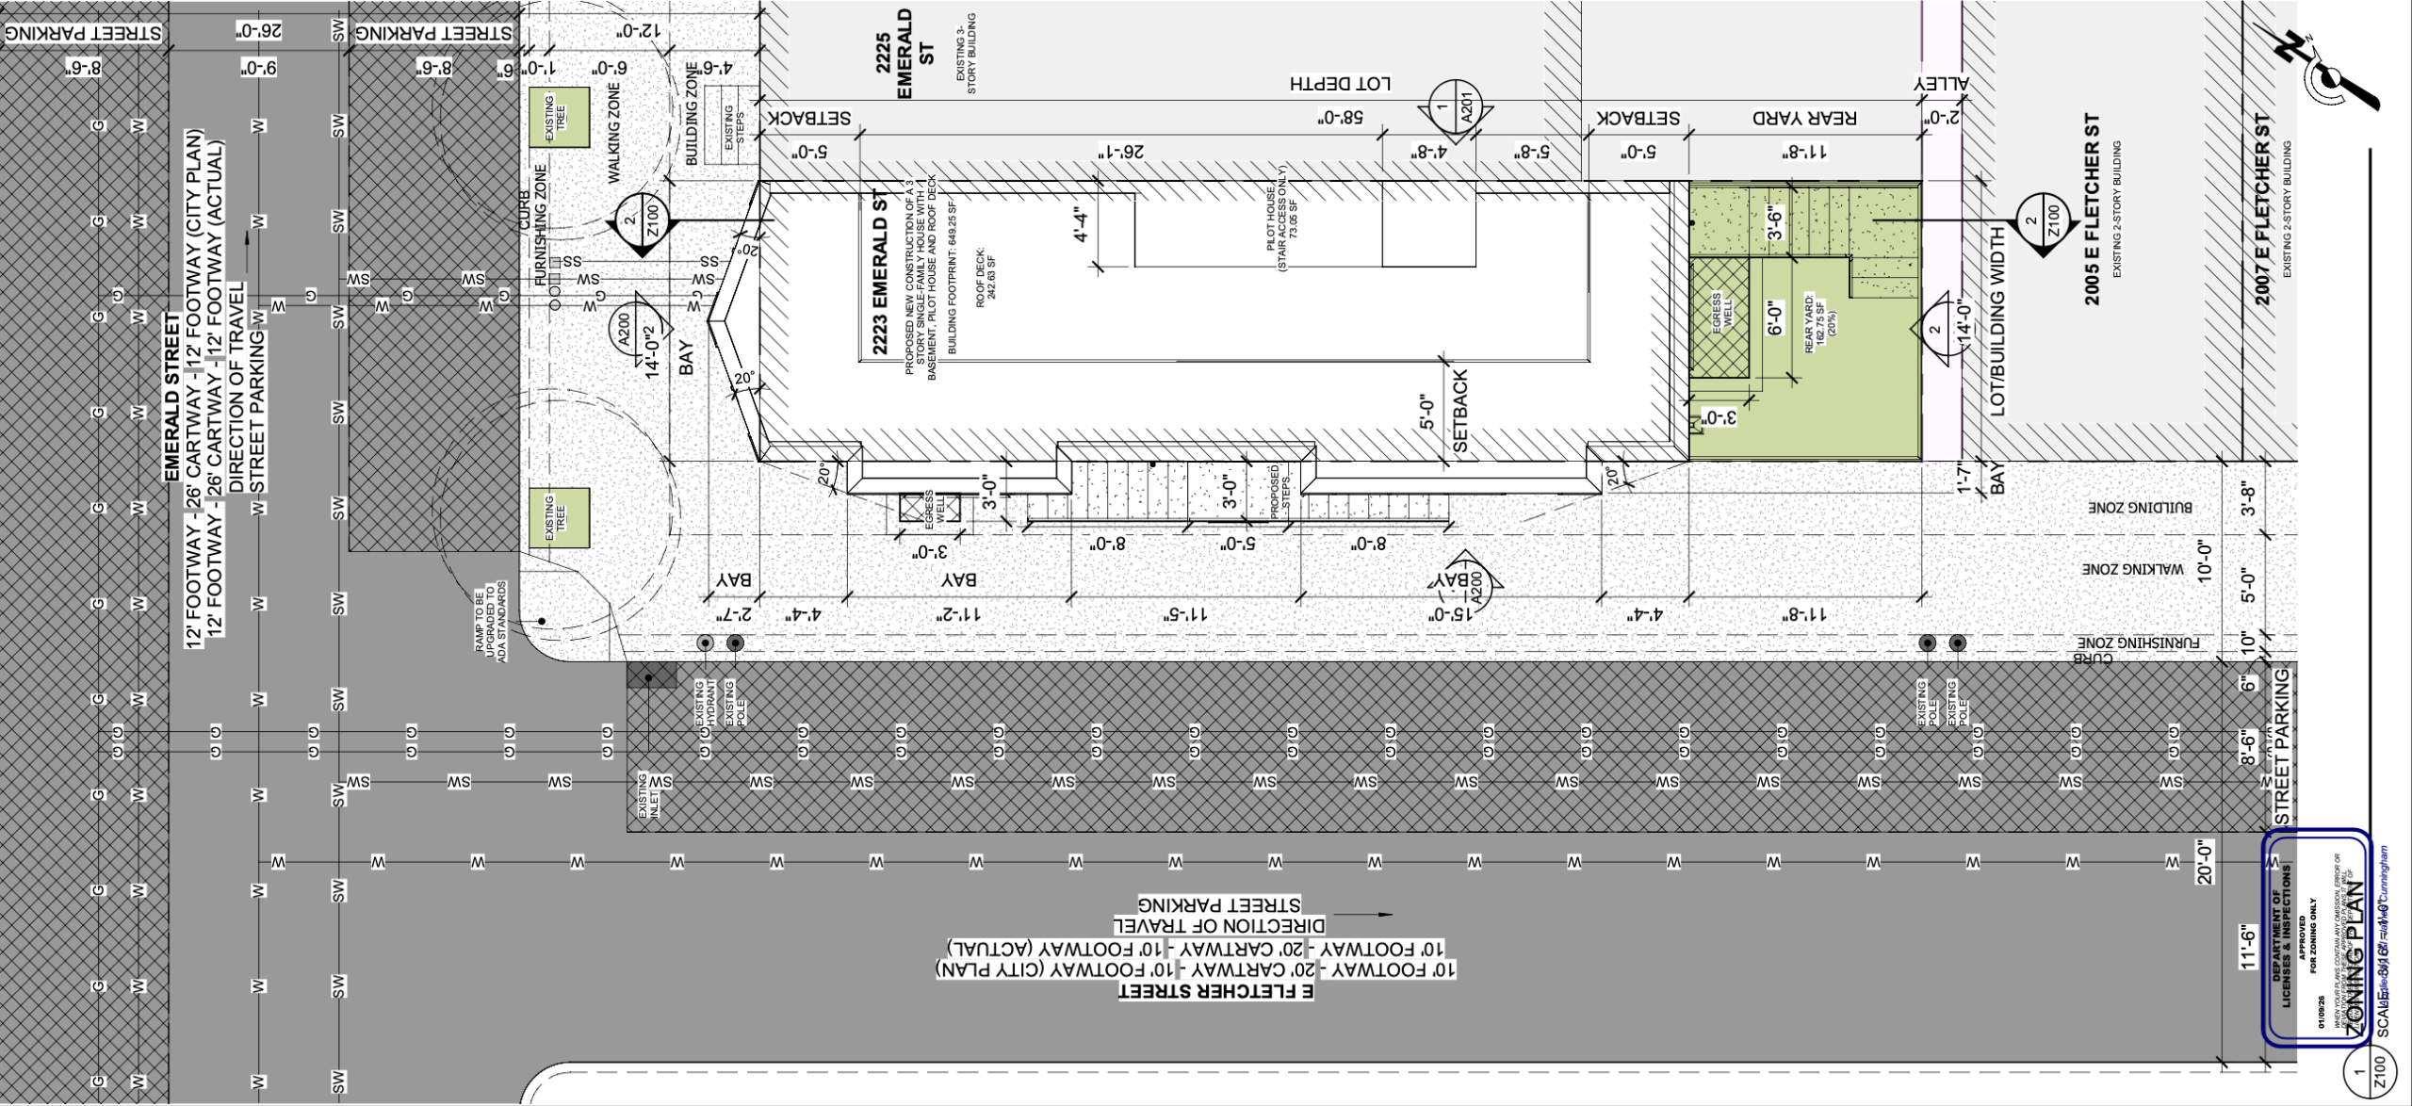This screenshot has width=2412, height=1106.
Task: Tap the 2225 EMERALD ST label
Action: (904, 53)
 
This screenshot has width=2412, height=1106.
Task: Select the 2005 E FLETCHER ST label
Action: (2092, 209)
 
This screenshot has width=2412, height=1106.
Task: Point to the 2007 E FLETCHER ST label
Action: (2261, 209)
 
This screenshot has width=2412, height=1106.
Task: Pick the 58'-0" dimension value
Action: (1340, 119)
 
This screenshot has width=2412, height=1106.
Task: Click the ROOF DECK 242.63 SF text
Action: (985, 277)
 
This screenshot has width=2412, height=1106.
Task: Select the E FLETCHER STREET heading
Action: (1215, 991)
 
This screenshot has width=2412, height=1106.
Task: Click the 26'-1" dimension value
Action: (1120, 151)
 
